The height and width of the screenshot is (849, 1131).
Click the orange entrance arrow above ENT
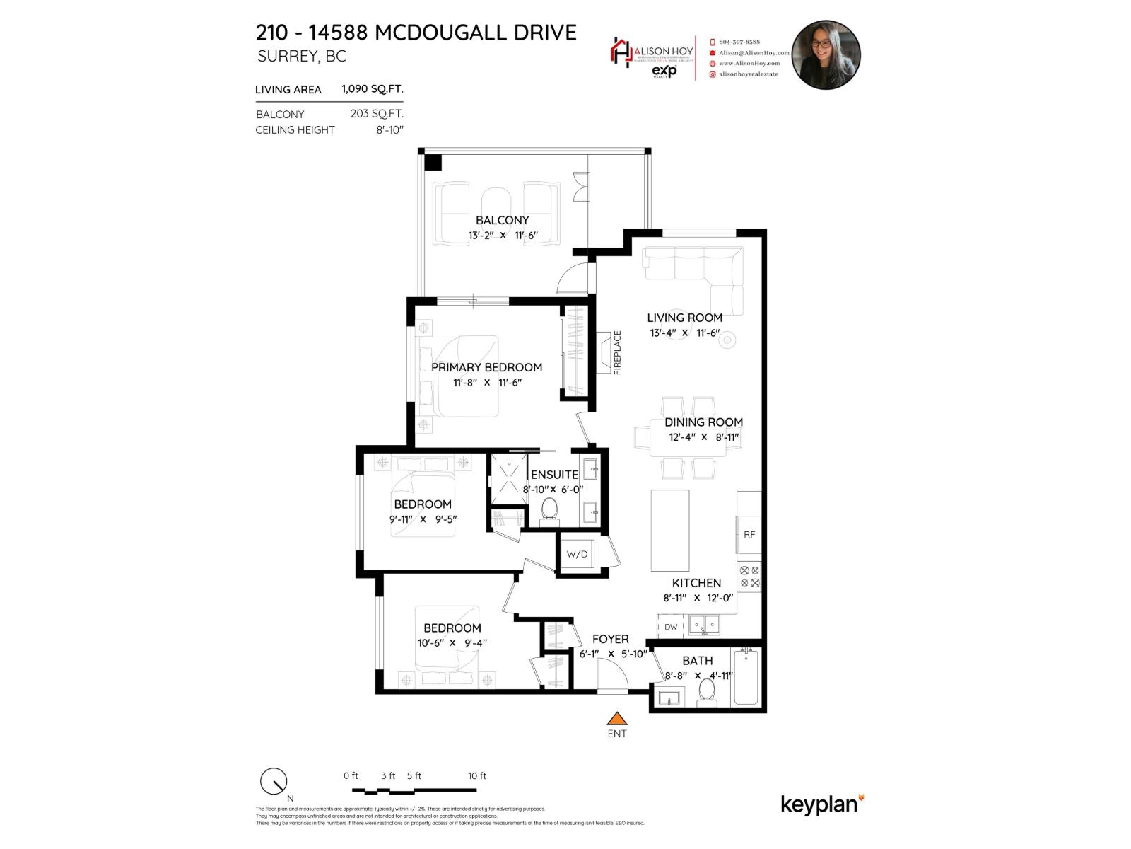click(x=617, y=719)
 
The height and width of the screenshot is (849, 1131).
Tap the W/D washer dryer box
click(x=577, y=554)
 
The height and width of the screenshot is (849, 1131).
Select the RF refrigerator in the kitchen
click(x=749, y=535)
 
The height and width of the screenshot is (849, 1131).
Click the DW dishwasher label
click(x=671, y=627)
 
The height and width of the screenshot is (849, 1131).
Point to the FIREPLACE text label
click(x=617, y=352)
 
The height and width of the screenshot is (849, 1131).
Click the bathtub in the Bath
click(x=746, y=677)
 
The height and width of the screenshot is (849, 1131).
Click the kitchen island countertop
click(x=669, y=530)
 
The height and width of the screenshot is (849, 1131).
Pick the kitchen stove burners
click(x=749, y=577)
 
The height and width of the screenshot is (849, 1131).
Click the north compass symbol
click(x=274, y=782)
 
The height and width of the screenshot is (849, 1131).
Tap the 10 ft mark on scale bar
click(x=477, y=776)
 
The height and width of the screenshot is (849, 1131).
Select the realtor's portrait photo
click(x=826, y=54)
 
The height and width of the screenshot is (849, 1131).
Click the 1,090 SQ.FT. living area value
click(x=372, y=89)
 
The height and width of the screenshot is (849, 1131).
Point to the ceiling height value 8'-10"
click(x=389, y=130)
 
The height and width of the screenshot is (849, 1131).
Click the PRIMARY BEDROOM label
click(x=486, y=367)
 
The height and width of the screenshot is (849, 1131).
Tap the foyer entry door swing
click(x=612, y=676)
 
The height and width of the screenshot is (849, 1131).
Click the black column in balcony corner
click(x=433, y=162)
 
